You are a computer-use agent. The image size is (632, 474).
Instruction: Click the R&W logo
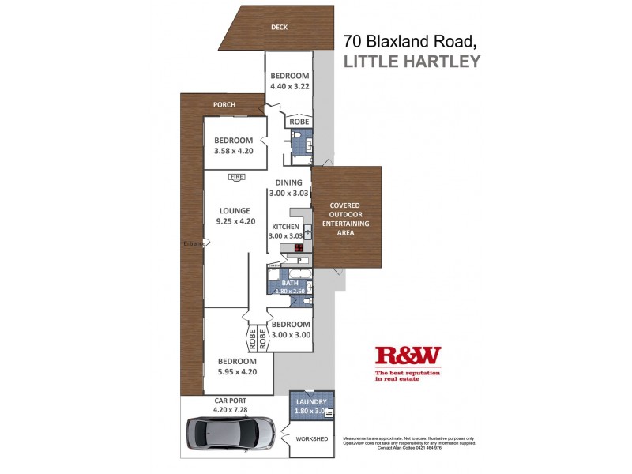[408, 356]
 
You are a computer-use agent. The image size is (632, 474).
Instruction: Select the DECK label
[279, 27]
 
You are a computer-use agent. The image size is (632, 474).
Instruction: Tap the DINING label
[289, 182]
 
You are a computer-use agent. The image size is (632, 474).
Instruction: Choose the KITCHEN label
[285, 227]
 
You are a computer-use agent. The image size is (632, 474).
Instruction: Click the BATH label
[289, 282]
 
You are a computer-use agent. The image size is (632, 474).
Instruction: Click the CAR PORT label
[231, 401]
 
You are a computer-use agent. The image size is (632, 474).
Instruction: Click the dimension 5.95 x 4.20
[238, 371]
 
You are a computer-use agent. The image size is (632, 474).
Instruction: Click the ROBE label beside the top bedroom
[299, 122]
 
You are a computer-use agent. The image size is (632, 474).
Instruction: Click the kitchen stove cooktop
[299, 247]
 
